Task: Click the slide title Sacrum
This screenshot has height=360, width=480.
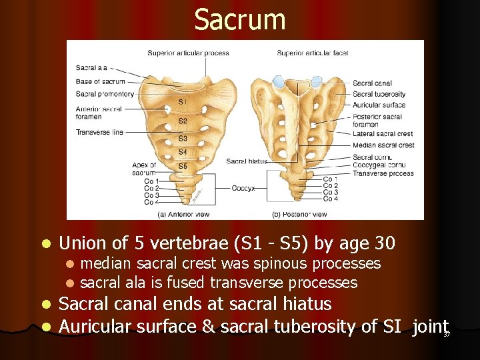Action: coord(240,20)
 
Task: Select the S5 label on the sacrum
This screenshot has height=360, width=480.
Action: coord(183,166)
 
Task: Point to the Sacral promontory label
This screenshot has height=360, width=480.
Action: coord(105,94)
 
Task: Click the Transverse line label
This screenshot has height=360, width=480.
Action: coord(99,132)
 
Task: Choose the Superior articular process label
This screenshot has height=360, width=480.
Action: coord(188,53)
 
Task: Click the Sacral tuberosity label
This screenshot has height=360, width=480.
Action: coord(379,94)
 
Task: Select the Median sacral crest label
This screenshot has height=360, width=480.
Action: coord(383,145)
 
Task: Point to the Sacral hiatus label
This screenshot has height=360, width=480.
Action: coord(247,161)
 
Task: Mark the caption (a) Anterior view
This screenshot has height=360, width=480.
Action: coord(181,214)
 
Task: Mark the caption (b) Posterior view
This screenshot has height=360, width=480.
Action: coord(299,214)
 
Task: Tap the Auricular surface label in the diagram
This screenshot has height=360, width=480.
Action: coord(379,105)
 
